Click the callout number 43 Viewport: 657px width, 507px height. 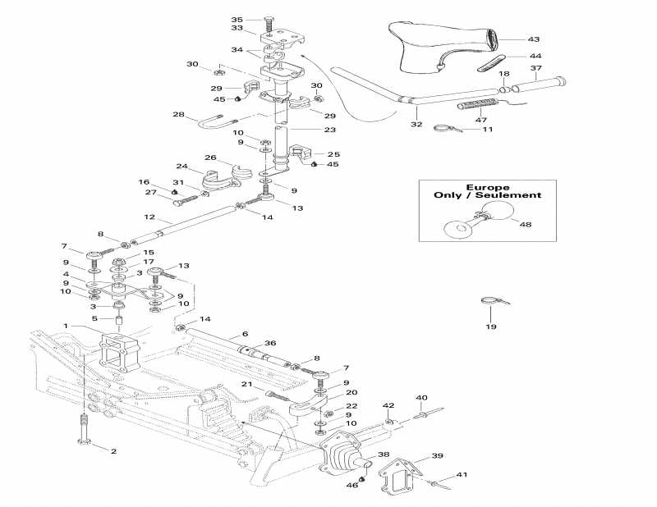(x=534, y=39)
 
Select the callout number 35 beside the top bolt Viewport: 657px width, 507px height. (x=237, y=19)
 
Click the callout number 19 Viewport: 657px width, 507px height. (x=491, y=327)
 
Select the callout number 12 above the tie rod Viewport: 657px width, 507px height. (x=149, y=217)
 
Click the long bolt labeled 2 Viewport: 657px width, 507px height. (x=83, y=431)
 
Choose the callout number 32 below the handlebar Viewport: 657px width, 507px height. (x=416, y=124)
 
